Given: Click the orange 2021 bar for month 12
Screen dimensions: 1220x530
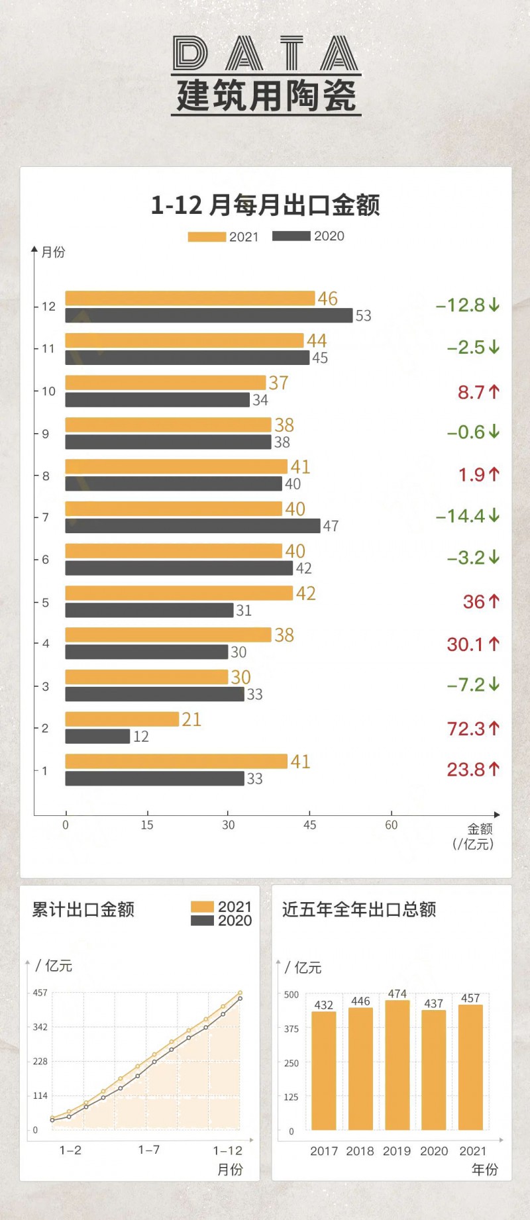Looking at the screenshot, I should click(x=189, y=298).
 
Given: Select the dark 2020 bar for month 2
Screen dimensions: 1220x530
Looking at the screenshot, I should click(x=97, y=736).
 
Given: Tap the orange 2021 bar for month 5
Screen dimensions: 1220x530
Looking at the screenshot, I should click(x=179, y=593).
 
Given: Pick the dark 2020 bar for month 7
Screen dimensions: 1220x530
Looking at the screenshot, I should click(x=192, y=526).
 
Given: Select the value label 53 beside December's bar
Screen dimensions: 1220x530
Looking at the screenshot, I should click(x=363, y=316).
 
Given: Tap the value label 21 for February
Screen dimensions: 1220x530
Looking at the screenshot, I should click(x=191, y=719).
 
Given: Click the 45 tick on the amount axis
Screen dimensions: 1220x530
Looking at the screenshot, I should click(x=309, y=825).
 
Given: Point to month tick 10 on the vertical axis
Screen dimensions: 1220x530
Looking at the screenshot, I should click(x=48, y=391).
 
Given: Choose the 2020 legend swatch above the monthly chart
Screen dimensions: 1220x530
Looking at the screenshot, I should click(x=291, y=236).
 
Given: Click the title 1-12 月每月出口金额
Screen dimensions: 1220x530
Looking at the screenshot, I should click(x=265, y=205).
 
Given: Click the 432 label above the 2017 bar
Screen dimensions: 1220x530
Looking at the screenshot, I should click(x=323, y=1005).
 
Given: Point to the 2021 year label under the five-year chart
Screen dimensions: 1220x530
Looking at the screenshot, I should click(x=472, y=1151).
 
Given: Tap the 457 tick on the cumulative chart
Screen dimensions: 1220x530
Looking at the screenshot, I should click(x=40, y=993).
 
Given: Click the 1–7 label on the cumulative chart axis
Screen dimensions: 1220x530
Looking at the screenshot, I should click(x=148, y=1150).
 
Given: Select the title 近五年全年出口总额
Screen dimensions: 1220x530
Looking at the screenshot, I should click(x=359, y=909).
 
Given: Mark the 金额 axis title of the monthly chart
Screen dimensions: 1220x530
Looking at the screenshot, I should click(x=480, y=829).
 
